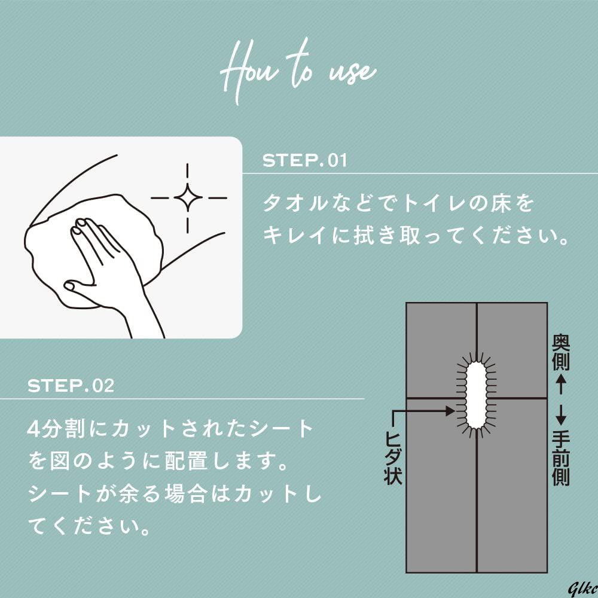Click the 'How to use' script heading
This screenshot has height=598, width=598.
[298, 71]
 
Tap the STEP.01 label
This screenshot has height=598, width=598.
[305, 160]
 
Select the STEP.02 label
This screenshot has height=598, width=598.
[71, 386]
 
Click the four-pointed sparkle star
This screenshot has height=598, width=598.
[188, 197]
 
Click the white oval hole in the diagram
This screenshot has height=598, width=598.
[477, 395]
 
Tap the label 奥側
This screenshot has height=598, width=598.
[561, 352]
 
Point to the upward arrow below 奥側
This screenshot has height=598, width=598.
[561, 384]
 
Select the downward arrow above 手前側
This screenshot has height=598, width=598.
[561, 415]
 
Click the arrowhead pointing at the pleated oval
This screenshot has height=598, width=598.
[451, 411]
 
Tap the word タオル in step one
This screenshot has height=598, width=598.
[295, 203]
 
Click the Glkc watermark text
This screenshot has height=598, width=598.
[582, 589]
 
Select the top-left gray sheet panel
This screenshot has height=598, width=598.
[441, 350]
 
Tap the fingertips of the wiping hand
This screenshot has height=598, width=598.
[82, 225]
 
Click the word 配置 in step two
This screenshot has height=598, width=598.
[187, 461]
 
